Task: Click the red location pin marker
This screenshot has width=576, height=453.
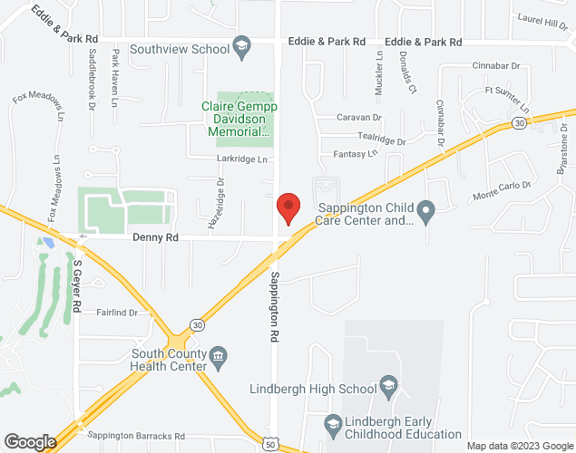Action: (288, 208)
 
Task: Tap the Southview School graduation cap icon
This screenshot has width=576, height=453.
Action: (241, 49)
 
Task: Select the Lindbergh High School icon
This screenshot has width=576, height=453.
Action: (388, 389)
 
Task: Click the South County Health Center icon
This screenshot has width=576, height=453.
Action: (219, 360)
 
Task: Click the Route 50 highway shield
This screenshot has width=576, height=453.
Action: (271, 444)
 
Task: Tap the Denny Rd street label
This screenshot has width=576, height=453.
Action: (155, 237)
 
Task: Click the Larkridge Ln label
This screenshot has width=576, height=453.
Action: (243, 159)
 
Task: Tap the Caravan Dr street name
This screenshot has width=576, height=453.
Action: (360, 118)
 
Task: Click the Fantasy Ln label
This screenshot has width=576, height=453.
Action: (355, 154)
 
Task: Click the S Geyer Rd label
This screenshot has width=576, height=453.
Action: (77, 286)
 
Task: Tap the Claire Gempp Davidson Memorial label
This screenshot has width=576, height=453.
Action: (239, 119)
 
